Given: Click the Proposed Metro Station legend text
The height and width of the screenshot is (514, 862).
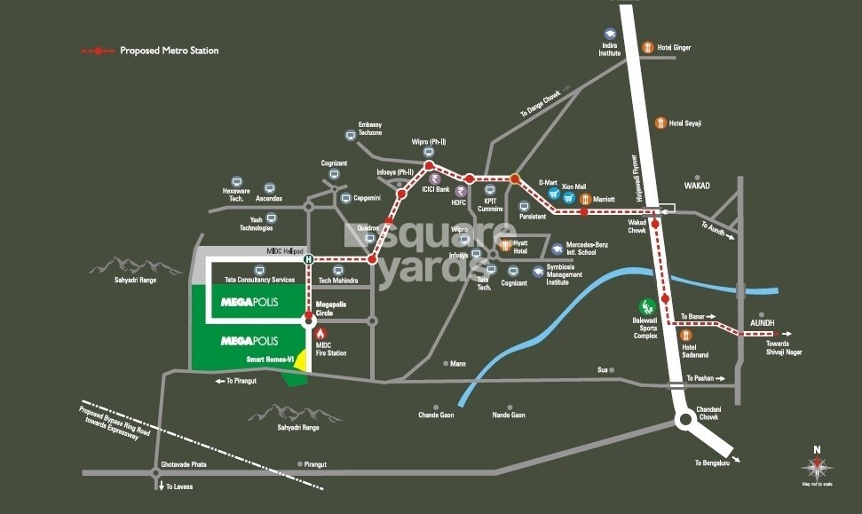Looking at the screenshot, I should pyautogui.click(x=169, y=51).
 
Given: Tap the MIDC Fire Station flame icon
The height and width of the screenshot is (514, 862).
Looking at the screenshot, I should pyautogui.click(x=320, y=332).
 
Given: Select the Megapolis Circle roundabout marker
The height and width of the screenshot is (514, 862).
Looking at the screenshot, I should pyautogui.click(x=310, y=310).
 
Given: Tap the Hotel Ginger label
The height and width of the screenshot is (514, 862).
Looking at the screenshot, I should pyautogui.click(x=674, y=47).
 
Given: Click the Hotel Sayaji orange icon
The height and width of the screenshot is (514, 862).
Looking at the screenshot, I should pyautogui.click(x=660, y=123).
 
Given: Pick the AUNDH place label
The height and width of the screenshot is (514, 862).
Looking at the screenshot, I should pyautogui.click(x=762, y=322).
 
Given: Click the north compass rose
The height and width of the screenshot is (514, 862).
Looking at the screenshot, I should pyautogui.click(x=819, y=466).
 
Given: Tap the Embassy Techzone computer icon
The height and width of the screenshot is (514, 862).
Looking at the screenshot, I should pyautogui.click(x=352, y=136).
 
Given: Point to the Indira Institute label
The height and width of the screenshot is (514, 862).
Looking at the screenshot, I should pyautogui.click(x=610, y=48).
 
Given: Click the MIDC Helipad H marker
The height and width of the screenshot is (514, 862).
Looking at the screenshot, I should pyautogui.click(x=308, y=259).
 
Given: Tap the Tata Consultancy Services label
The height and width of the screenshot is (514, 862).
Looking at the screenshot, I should pyautogui.click(x=259, y=280).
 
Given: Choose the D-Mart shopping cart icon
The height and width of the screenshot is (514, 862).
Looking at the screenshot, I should pyautogui.click(x=552, y=195).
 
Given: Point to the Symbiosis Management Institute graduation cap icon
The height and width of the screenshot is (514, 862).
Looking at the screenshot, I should pyautogui.click(x=539, y=272).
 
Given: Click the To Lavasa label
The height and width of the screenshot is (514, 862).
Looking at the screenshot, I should pyautogui.click(x=179, y=486).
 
